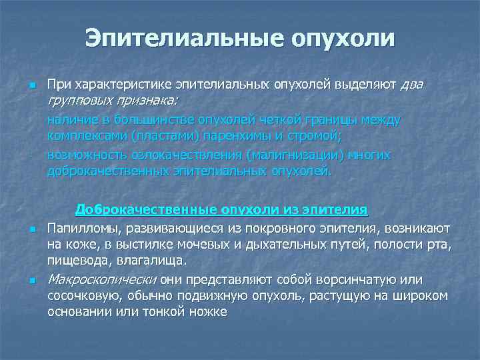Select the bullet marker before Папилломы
pos(31,230)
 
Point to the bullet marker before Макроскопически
pos(31,281)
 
